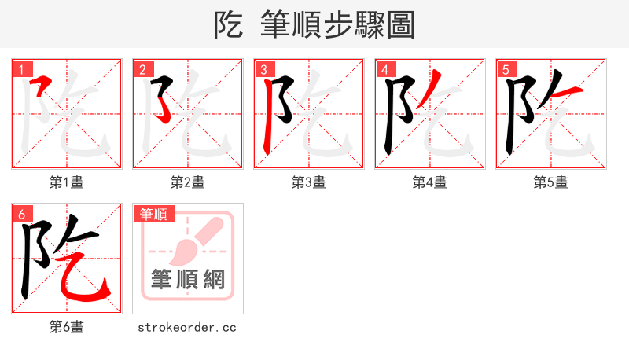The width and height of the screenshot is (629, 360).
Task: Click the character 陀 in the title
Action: [x=228, y=24]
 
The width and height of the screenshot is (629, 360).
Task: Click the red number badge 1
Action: [x=21, y=69]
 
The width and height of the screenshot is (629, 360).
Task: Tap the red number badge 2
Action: [x=142, y=69]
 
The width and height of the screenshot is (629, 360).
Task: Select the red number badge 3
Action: [x=263, y=69]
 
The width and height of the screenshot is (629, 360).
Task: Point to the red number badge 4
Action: [x=384, y=69]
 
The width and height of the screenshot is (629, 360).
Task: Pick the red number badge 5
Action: [x=506, y=69]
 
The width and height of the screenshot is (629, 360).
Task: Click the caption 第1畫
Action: [x=67, y=182]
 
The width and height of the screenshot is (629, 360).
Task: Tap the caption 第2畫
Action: [x=188, y=182]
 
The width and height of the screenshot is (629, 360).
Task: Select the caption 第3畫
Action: [x=309, y=182]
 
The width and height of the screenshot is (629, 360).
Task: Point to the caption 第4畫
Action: [x=430, y=182]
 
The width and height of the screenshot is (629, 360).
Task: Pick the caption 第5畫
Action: [x=551, y=182]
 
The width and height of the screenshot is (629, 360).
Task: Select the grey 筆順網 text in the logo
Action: [x=188, y=280]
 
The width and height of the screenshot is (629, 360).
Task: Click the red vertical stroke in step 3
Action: [x=268, y=118]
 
